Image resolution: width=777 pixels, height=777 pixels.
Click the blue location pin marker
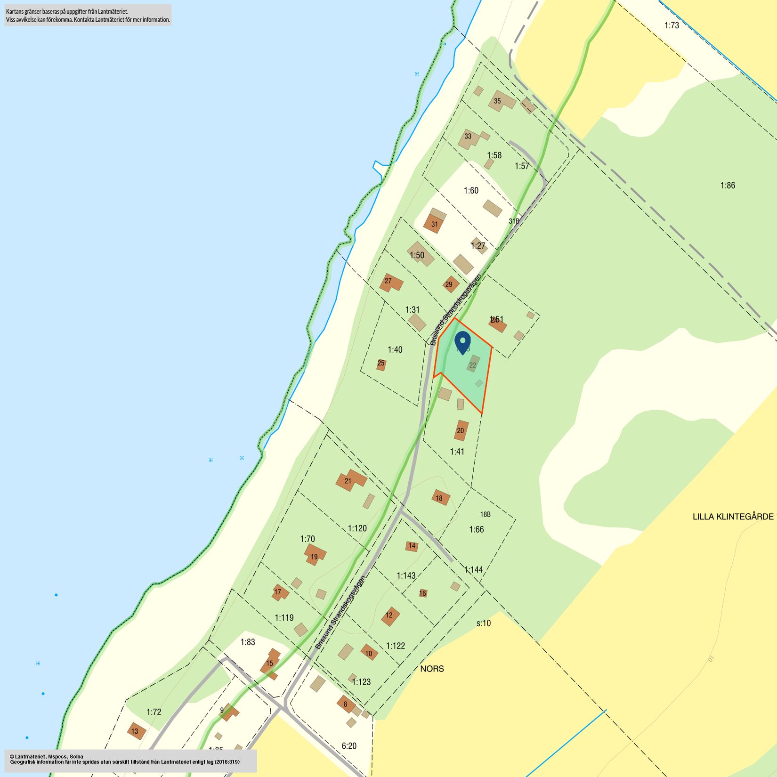tap(463, 341)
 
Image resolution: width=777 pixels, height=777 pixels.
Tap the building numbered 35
tap(501, 101)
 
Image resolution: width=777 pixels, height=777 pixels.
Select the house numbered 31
tap(434, 223)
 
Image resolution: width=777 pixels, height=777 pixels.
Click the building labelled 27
tap(390, 283)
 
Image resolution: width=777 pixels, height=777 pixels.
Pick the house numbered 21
tap(350, 481)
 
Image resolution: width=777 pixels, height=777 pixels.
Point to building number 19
tap(315, 554)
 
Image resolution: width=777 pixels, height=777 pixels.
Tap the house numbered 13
tap(136, 731)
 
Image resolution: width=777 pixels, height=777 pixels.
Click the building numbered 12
tap(390, 616)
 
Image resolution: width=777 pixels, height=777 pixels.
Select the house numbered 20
tap(461, 430)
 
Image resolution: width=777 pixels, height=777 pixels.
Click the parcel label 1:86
tap(728, 186)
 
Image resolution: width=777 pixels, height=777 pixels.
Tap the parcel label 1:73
tap(672, 25)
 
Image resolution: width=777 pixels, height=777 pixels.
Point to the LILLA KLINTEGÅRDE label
tap(733, 517)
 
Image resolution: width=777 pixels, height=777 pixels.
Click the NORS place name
tap(432, 669)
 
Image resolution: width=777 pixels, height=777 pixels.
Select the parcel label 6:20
tap(349, 746)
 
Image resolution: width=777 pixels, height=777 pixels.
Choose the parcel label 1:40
tap(395, 349)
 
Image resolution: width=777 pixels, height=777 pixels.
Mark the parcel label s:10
tap(483, 623)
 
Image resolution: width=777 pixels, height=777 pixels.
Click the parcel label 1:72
tap(154, 712)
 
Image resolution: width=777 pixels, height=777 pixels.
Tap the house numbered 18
tap(440, 497)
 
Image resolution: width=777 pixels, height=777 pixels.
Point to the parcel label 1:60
tap(471, 191)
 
